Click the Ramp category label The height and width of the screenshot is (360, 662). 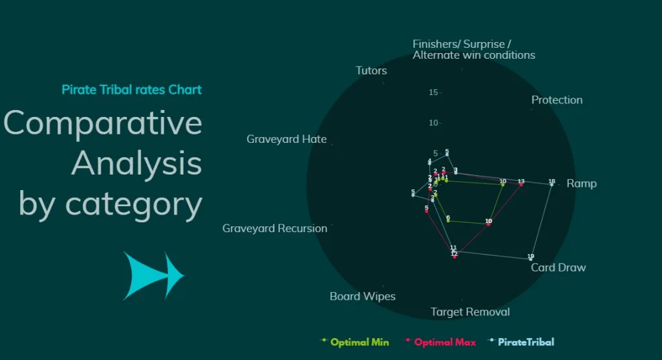581,184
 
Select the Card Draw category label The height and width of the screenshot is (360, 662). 558,268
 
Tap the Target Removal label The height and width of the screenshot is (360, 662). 470,312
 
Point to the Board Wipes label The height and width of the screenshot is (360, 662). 362,297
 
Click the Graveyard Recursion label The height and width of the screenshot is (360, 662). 275,228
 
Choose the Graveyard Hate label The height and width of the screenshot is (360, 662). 286,139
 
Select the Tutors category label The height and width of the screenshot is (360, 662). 371,70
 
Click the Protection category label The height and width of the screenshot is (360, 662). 557,100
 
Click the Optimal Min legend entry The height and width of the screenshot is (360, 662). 359,342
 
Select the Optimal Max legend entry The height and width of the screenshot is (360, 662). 445,342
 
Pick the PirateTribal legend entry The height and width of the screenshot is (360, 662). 526,342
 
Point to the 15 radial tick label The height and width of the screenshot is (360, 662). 433,92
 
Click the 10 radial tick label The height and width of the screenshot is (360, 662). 433,123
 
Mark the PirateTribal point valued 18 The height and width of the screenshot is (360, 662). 551,185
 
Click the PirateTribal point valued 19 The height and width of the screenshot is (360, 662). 531,259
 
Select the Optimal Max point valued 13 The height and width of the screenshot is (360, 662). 521,185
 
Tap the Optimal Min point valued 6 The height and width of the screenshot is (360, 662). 448,221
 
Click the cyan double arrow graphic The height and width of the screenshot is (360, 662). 154,276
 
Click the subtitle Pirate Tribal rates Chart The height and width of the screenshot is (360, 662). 131,90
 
